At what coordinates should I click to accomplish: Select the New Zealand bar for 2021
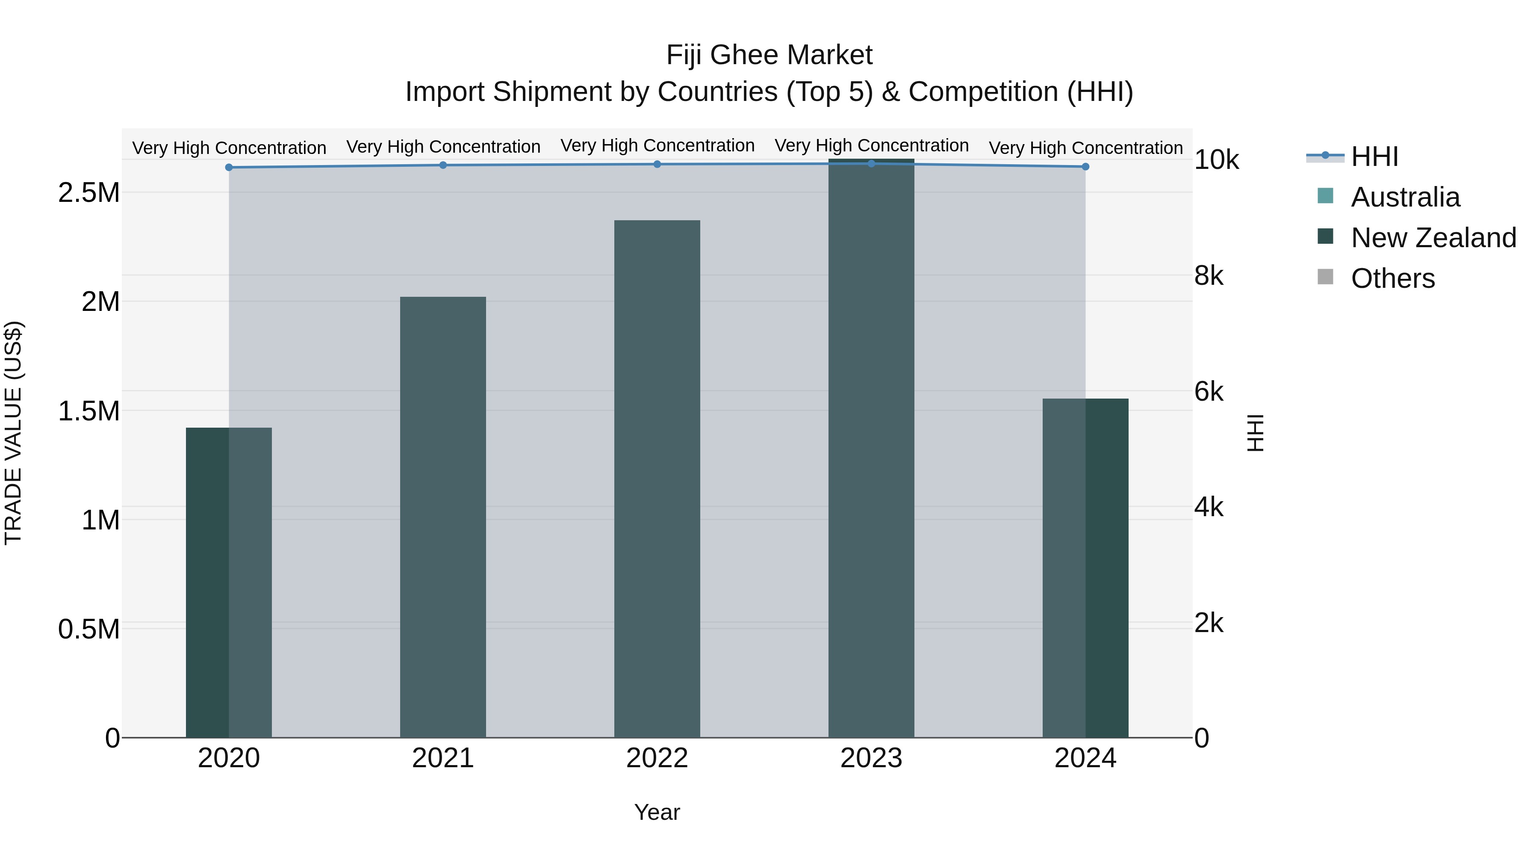pyautogui.click(x=443, y=517)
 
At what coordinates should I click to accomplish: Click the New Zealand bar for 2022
pyautogui.click(x=657, y=478)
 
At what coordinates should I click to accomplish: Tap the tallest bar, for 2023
pyautogui.click(x=871, y=448)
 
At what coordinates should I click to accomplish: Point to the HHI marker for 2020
pyautogui.click(x=229, y=167)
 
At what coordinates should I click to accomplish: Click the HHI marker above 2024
pyautogui.click(x=1085, y=167)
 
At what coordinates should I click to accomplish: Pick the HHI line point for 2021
pyautogui.click(x=443, y=165)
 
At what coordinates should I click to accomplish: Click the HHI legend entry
pyautogui.click(x=1374, y=157)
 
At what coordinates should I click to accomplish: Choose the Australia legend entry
pyautogui.click(x=1405, y=197)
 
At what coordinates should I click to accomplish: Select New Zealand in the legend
pyautogui.click(x=1433, y=238)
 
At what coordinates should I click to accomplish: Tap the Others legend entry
pyautogui.click(x=1392, y=278)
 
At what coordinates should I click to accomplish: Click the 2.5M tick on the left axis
pyautogui.click(x=89, y=193)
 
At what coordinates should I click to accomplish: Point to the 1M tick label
pyautogui.click(x=100, y=520)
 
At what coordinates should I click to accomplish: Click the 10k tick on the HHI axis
pyautogui.click(x=1216, y=160)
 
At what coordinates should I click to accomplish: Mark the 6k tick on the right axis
pyautogui.click(x=1209, y=392)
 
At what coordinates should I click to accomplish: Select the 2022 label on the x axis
pyautogui.click(x=657, y=758)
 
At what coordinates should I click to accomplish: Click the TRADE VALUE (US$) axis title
pyautogui.click(x=13, y=433)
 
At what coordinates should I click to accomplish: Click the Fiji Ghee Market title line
pyautogui.click(x=769, y=55)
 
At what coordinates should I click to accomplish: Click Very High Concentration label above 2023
pyautogui.click(x=871, y=145)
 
